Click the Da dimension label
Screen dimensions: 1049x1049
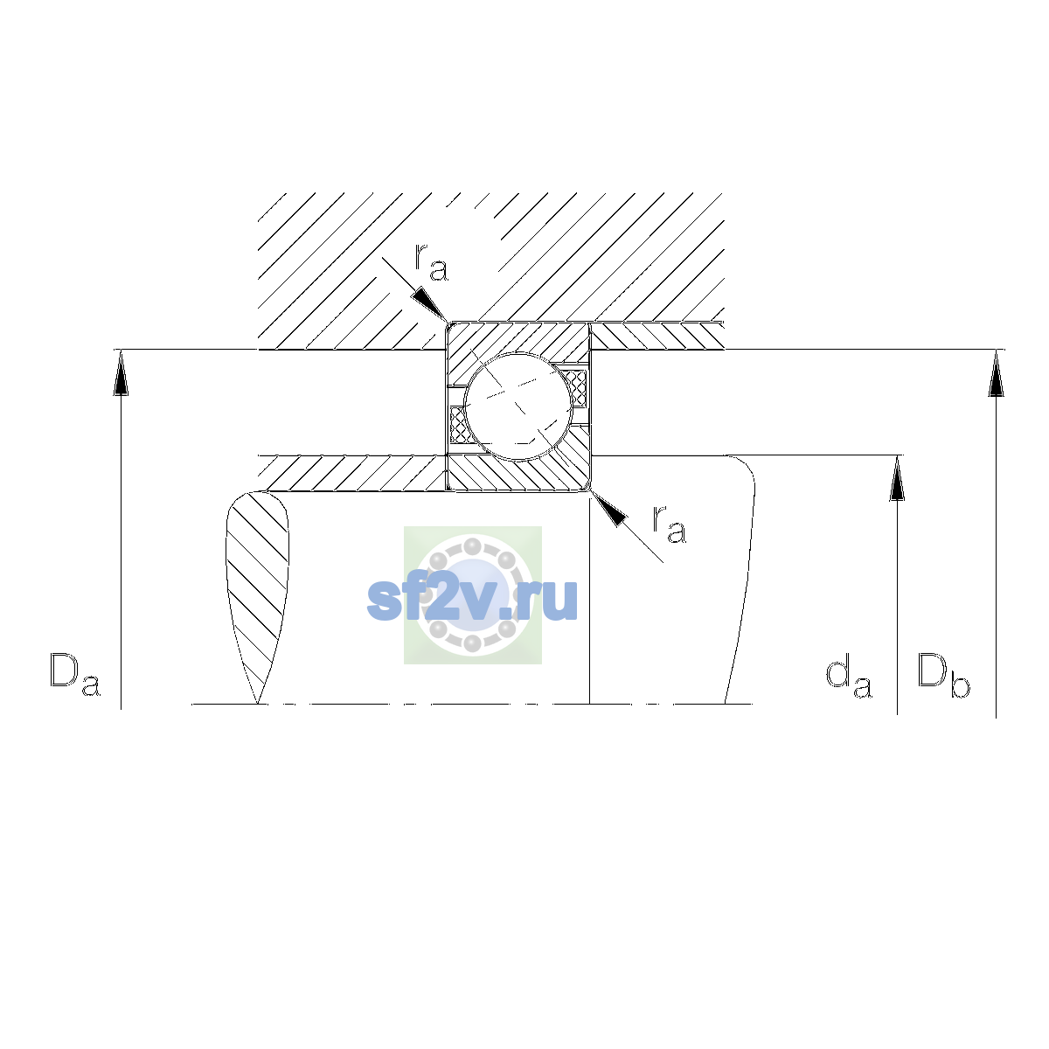75,675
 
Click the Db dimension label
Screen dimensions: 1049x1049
943,675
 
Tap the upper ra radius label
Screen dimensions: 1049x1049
432,262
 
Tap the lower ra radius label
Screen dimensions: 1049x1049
670,524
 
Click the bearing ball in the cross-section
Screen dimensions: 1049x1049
518,406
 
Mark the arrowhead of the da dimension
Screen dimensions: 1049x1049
897,478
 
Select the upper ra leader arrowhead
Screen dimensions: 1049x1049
429,304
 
